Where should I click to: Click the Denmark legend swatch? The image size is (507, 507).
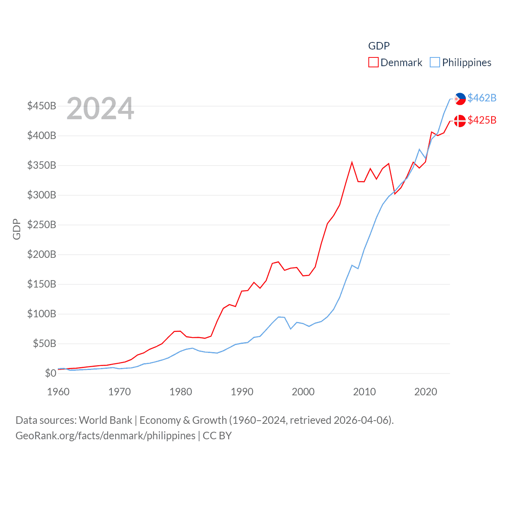tap(373, 63)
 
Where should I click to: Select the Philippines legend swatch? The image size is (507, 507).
tap(435, 63)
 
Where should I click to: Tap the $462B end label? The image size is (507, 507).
tap(482, 98)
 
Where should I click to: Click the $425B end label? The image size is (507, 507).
tap(482, 120)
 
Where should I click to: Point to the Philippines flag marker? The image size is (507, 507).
tap(460, 99)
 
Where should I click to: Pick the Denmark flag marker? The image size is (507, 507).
tap(460, 121)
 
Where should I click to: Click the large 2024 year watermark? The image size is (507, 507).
tap(100, 109)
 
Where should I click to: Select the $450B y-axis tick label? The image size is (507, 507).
tap(42, 106)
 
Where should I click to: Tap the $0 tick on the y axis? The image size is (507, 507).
tap(50, 373)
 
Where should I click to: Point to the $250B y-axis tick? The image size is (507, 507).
tap(42, 225)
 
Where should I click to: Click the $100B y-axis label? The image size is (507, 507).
tap(42, 314)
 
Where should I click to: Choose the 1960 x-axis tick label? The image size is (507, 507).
tap(58, 392)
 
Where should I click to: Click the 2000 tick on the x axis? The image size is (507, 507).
tap(303, 392)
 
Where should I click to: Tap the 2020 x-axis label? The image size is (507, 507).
tap(425, 392)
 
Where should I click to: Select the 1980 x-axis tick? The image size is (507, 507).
tap(181, 392)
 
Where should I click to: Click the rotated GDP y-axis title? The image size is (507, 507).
tap(17, 229)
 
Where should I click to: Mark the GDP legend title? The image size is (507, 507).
tap(379, 46)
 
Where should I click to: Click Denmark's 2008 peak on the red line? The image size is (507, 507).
tap(352, 162)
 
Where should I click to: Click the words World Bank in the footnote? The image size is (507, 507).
tap(105, 420)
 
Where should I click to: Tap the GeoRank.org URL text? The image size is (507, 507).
tap(105, 436)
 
